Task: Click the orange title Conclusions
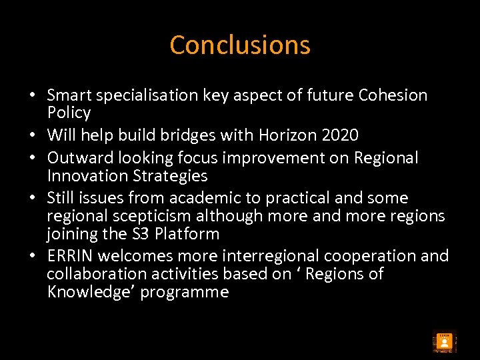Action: click(x=240, y=45)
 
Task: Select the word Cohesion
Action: click(x=393, y=95)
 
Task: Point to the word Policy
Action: click(x=69, y=113)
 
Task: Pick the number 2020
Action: click(x=339, y=135)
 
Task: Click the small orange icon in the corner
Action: click(x=444, y=342)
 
